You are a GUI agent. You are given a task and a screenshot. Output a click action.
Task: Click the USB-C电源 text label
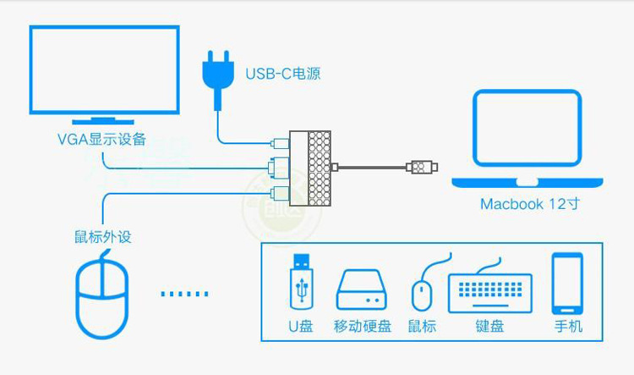[x=282, y=74]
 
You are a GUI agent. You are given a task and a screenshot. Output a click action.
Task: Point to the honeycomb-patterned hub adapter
[x=313, y=168]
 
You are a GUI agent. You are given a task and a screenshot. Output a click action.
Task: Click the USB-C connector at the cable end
[x=420, y=167]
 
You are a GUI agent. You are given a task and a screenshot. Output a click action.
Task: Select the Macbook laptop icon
[x=527, y=140]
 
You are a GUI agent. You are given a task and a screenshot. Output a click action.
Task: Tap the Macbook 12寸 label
[x=530, y=204]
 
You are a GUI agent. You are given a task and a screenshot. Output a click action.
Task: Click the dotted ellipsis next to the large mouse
[x=183, y=294]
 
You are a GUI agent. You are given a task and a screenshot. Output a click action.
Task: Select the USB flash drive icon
[x=300, y=281]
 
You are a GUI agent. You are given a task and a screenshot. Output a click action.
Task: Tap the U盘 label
[x=300, y=326]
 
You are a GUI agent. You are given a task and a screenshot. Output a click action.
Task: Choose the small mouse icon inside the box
[x=422, y=293]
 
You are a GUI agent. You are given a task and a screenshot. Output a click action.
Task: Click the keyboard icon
[x=489, y=292]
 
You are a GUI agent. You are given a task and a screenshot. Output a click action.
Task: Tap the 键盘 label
[x=489, y=326]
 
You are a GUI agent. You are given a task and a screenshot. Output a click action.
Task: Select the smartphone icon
[x=568, y=284]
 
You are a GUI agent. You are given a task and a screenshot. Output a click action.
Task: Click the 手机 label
[x=568, y=326]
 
